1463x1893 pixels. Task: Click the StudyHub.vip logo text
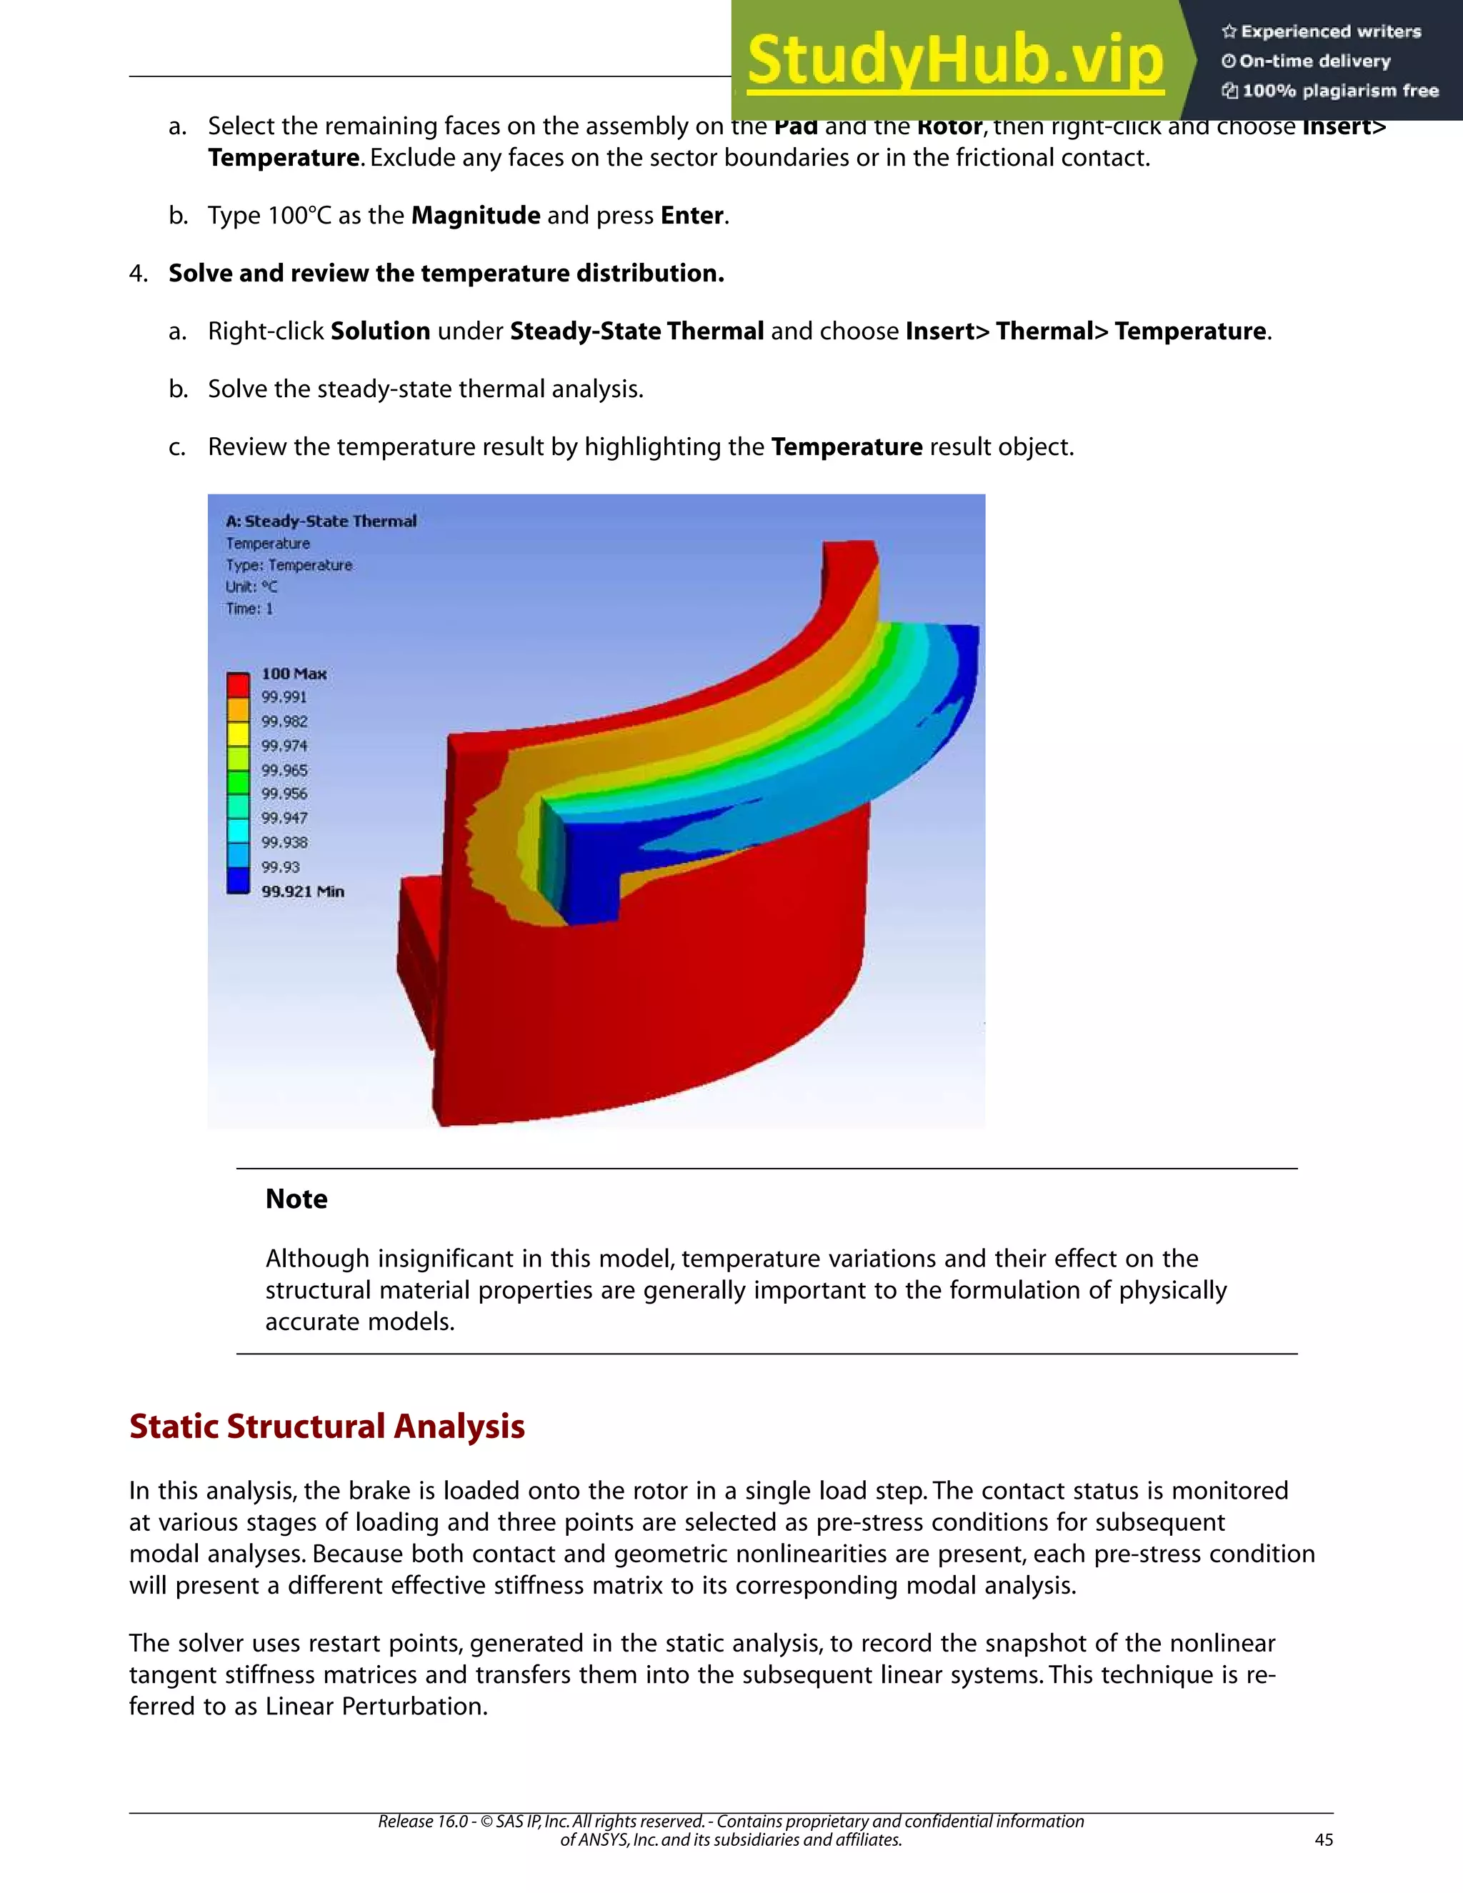click(x=954, y=61)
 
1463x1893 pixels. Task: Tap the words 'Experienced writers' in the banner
click(x=1330, y=32)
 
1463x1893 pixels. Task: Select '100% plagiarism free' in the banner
click(x=1340, y=91)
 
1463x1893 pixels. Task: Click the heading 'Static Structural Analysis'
click(x=326, y=1426)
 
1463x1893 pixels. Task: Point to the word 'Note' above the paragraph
click(x=296, y=1199)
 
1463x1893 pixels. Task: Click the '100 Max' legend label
click(x=294, y=674)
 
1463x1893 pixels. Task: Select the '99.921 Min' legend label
click(x=302, y=891)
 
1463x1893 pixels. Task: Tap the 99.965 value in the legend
click(x=284, y=769)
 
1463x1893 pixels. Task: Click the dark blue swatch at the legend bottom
click(x=239, y=881)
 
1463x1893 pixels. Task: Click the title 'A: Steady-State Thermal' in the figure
click(x=321, y=521)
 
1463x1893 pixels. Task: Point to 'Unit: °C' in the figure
click(x=251, y=586)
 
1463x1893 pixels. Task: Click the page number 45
click(x=1324, y=1839)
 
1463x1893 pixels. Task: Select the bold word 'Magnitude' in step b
click(x=475, y=215)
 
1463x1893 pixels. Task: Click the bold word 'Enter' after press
click(x=691, y=215)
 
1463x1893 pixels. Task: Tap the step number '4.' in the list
click(x=139, y=273)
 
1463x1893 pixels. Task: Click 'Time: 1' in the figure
click(x=249, y=609)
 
